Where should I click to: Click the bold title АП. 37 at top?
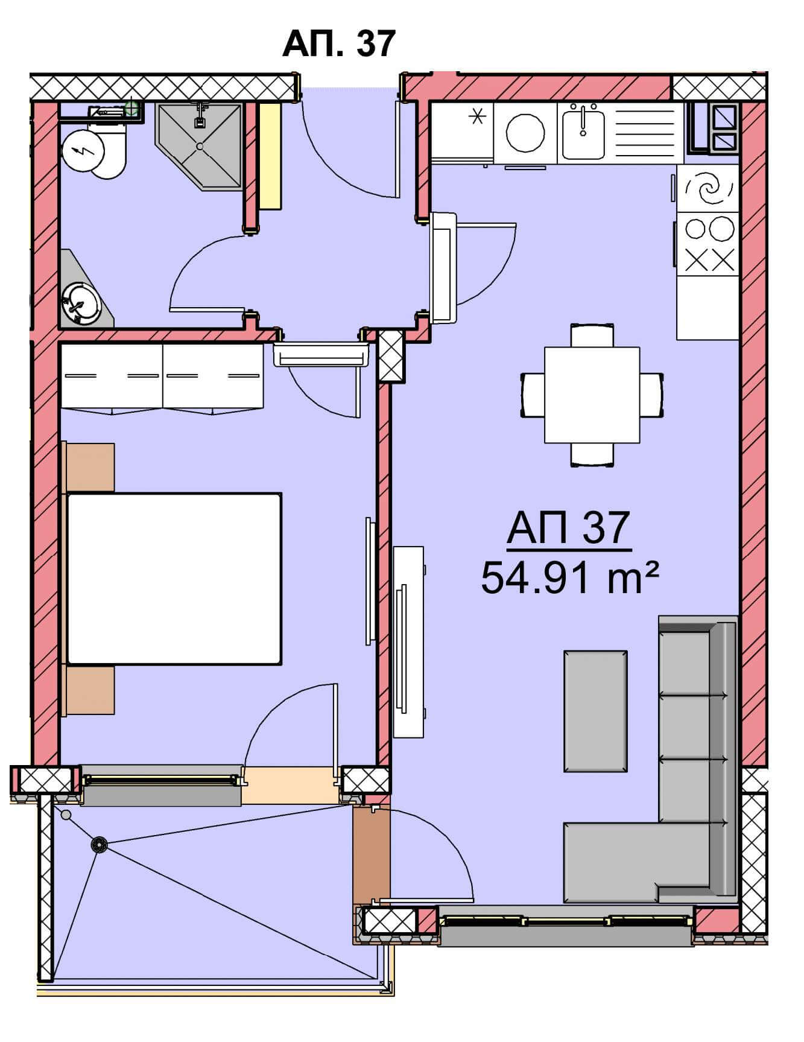[x=338, y=43]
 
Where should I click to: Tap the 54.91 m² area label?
[x=569, y=577]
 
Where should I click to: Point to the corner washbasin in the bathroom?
[x=83, y=296]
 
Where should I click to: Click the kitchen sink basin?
[x=583, y=132]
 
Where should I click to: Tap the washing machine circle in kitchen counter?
[x=525, y=133]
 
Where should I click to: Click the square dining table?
[x=592, y=395]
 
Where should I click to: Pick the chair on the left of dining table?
[x=533, y=395]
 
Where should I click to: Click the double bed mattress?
[x=174, y=579]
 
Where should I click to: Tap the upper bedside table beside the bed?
[x=89, y=467]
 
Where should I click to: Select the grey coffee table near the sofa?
[x=595, y=711]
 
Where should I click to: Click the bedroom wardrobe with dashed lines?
[x=162, y=376]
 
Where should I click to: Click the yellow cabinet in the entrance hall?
[x=270, y=156]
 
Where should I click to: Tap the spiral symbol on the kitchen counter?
[x=708, y=188]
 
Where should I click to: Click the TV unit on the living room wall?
[x=408, y=641]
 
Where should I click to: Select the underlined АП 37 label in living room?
[x=569, y=529]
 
